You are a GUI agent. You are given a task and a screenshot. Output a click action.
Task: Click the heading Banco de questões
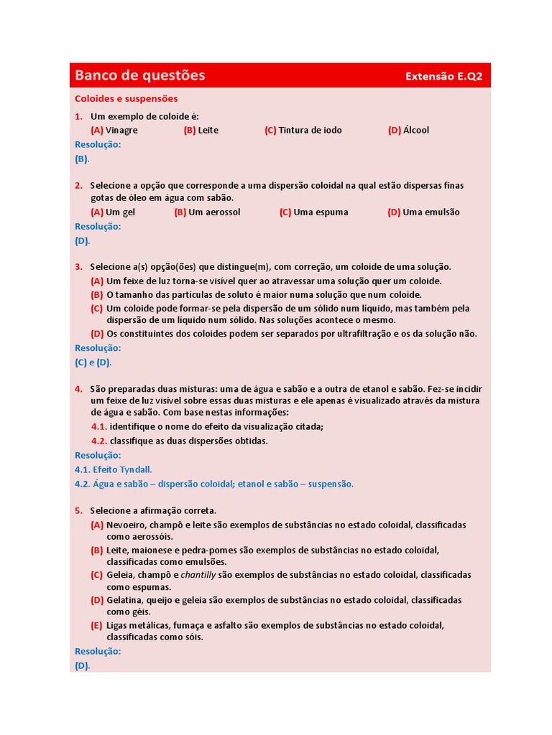140,75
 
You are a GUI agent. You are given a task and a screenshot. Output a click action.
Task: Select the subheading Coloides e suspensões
126,98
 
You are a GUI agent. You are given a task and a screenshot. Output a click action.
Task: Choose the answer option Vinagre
121,130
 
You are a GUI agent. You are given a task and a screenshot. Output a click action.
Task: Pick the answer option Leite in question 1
208,130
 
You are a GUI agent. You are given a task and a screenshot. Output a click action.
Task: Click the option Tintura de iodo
310,130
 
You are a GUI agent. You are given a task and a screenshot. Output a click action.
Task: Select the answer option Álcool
416,130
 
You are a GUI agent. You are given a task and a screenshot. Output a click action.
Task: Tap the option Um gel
120,212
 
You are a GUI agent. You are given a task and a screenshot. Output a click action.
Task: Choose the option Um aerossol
214,212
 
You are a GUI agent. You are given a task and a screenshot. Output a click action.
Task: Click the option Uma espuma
321,212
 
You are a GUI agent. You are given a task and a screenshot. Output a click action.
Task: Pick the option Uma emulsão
431,212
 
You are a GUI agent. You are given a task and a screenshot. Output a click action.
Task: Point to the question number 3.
78,266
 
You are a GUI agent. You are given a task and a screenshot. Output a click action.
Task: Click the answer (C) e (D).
93,362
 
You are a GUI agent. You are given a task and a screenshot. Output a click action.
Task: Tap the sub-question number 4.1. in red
98,426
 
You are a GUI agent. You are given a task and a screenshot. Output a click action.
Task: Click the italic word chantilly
198,575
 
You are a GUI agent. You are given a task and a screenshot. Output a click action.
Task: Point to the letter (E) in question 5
96,625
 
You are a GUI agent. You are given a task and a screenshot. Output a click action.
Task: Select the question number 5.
78,510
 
